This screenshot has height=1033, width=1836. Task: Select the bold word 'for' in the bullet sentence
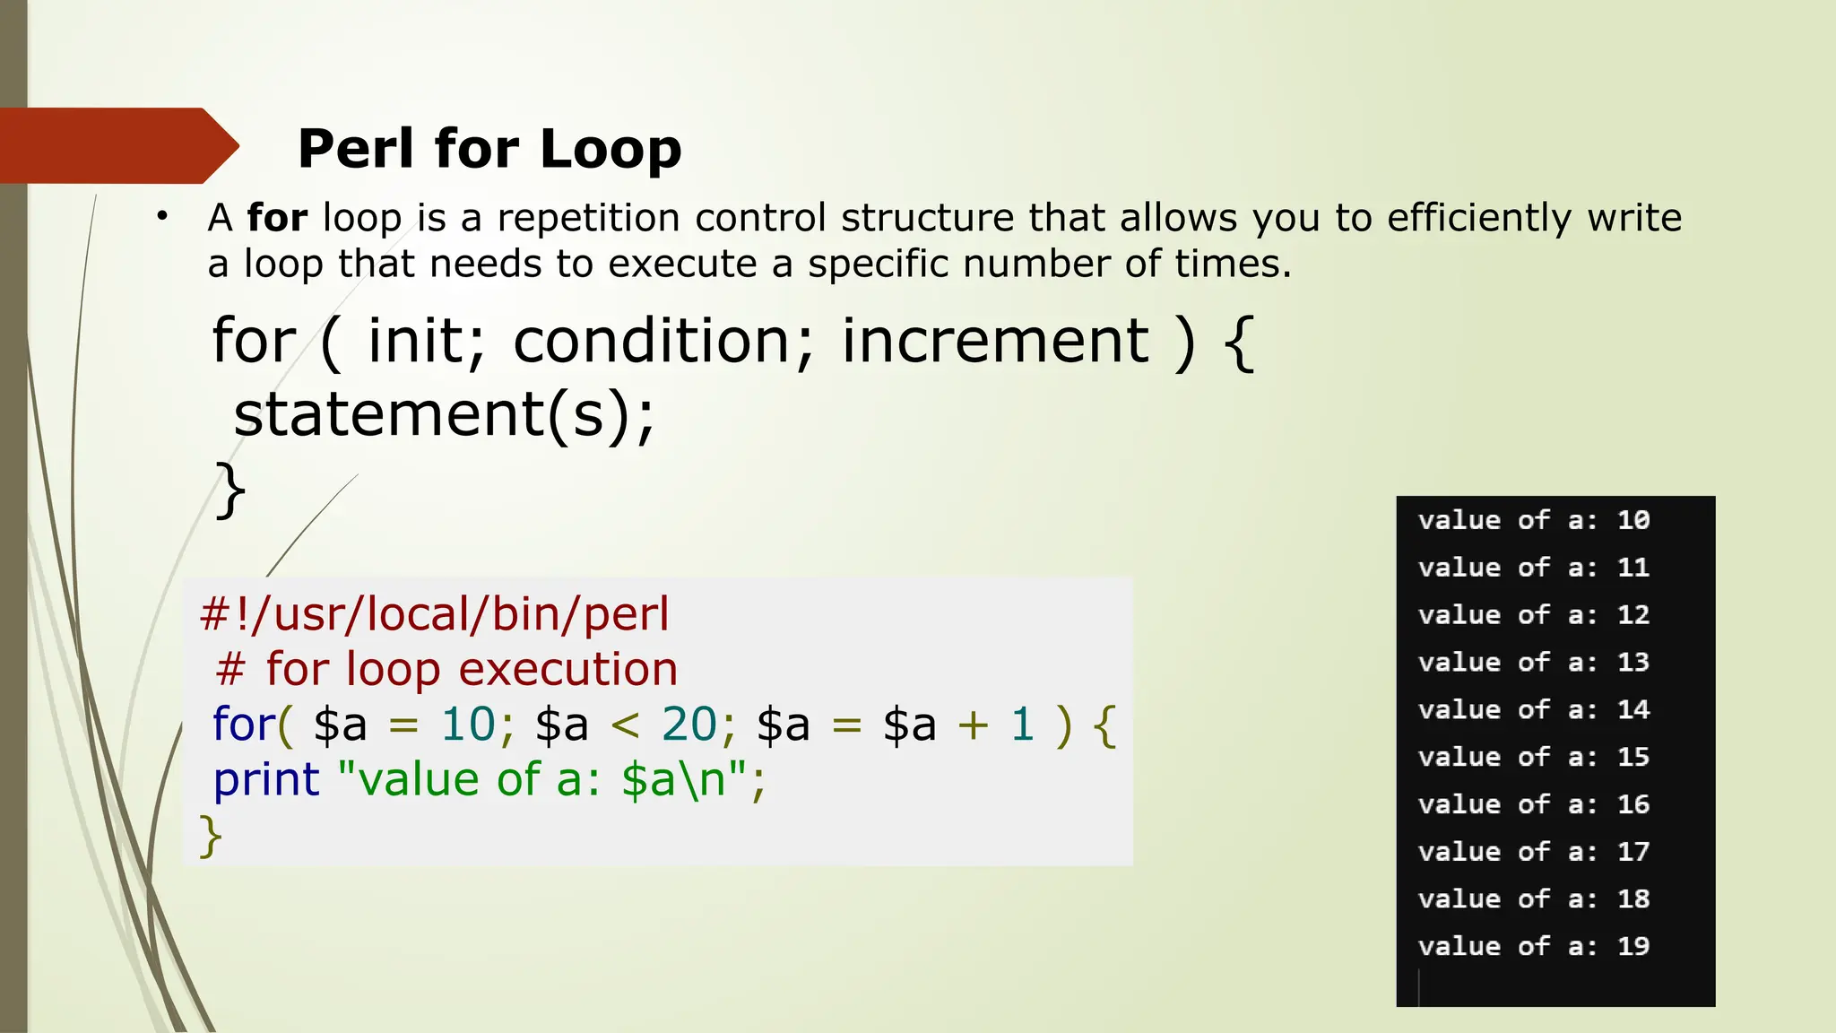tap(277, 218)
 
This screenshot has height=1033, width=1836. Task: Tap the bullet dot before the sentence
tap(161, 216)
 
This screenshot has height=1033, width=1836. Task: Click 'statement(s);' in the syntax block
tap(445, 414)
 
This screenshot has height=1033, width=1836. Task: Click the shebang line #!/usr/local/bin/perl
tap(435, 614)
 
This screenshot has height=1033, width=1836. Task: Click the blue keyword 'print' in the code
tap(266, 779)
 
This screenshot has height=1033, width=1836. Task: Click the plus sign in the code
tap(973, 725)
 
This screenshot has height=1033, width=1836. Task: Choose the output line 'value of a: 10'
tap(1534, 520)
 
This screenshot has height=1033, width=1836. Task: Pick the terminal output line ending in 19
tap(1534, 946)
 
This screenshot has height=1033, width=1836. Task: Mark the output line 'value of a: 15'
tap(1534, 757)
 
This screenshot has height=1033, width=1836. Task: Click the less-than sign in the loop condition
tap(625, 725)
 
